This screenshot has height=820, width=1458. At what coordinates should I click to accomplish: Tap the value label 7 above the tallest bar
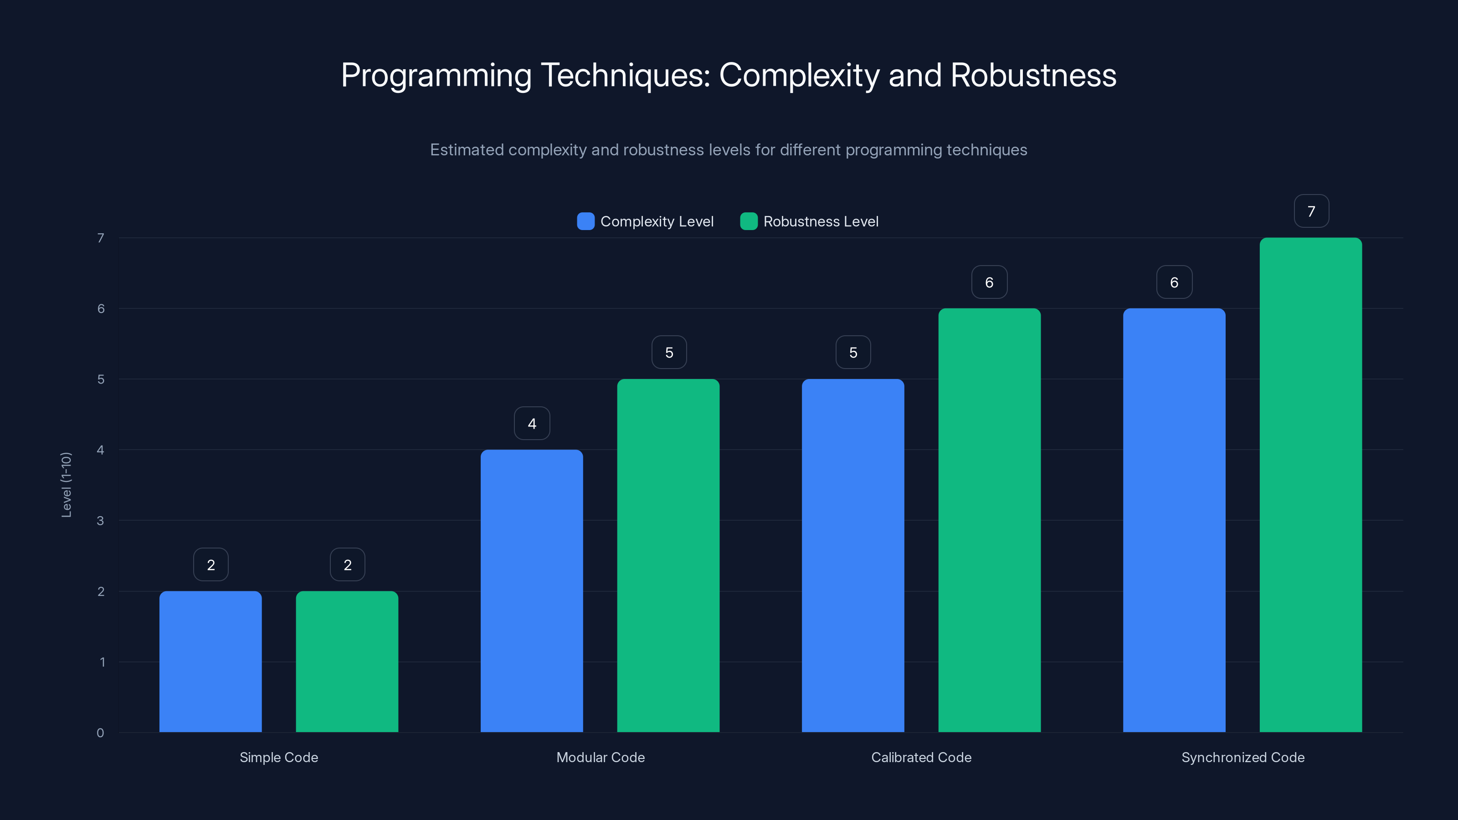click(1311, 211)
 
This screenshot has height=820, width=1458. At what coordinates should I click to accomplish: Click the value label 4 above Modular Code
click(531, 423)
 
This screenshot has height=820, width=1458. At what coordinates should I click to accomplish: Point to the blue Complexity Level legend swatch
click(585, 221)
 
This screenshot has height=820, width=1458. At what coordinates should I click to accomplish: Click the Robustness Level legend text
click(820, 221)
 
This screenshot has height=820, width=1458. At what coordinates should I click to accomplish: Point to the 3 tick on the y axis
click(100, 521)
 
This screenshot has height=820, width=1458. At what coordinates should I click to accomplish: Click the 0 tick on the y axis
click(100, 733)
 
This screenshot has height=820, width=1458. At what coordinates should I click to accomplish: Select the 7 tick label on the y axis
click(100, 238)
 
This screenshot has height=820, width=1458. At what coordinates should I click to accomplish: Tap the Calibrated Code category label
click(921, 757)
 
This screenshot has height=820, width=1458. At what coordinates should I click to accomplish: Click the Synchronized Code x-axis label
click(1242, 757)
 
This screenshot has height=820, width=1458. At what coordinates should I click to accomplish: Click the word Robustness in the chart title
click(1033, 75)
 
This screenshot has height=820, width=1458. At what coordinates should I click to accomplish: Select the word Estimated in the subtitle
click(467, 150)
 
